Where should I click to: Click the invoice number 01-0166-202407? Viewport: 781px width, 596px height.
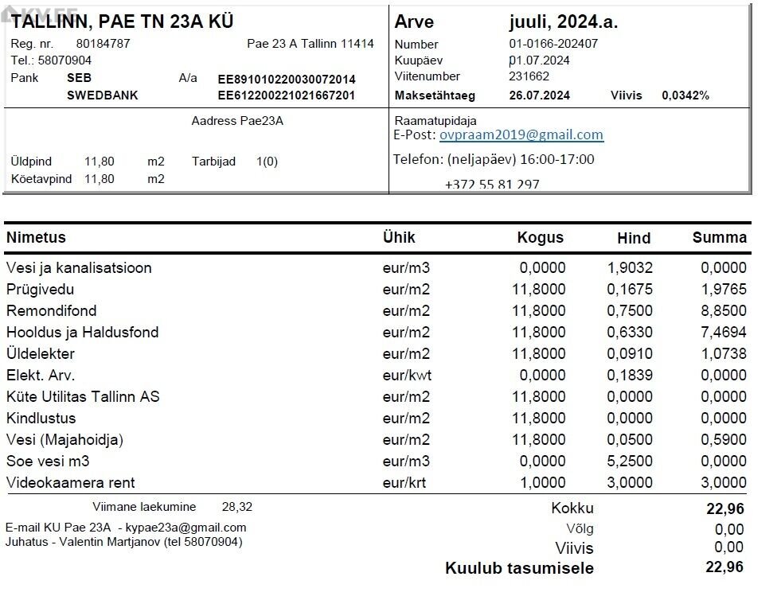click(x=553, y=45)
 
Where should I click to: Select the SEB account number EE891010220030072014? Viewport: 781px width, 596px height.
click(x=287, y=80)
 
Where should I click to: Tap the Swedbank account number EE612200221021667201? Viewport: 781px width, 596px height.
click(x=287, y=95)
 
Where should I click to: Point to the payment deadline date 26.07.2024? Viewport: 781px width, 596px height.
click(x=539, y=95)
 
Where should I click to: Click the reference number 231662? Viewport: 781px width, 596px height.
click(x=529, y=77)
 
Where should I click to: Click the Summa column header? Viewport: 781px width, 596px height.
click(x=719, y=237)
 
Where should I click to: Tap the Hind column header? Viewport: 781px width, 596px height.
click(x=633, y=238)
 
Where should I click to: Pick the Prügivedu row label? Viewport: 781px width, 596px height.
click(x=40, y=290)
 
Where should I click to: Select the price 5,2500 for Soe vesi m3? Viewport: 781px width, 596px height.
click(x=630, y=462)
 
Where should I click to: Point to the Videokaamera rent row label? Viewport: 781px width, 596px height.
click(x=70, y=483)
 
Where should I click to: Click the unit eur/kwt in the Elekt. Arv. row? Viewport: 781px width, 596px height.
click(x=406, y=376)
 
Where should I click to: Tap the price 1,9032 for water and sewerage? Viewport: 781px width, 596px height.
click(x=630, y=268)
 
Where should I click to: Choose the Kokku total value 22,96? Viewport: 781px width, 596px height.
click(x=724, y=509)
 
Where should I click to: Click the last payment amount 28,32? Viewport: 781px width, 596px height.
click(x=236, y=507)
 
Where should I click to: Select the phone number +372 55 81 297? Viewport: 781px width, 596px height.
click(x=491, y=185)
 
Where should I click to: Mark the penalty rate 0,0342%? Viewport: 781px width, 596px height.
click(x=685, y=95)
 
